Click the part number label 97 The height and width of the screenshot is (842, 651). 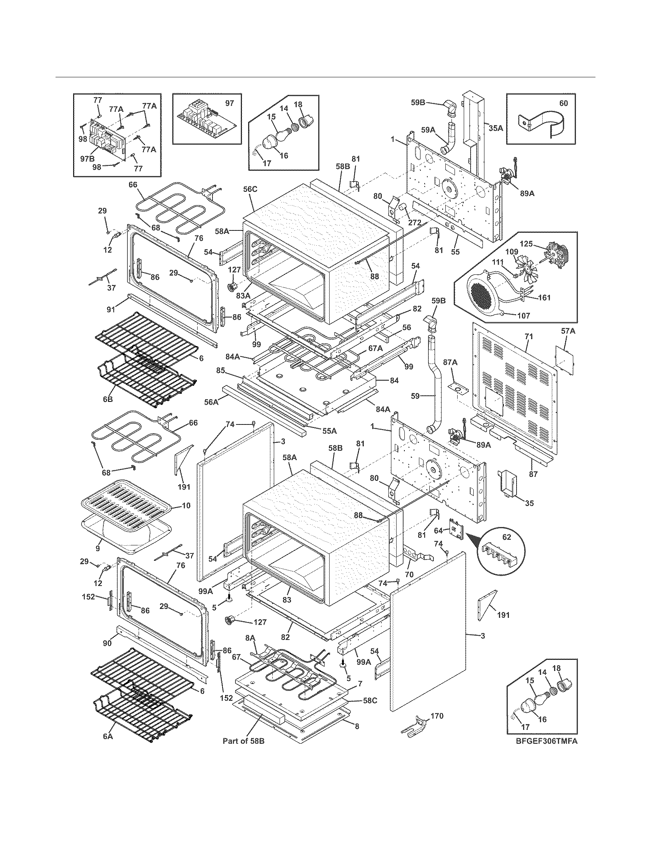[x=229, y=103]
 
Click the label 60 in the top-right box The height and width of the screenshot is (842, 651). [x=563, y=103]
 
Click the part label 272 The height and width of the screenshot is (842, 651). [x=415, y=222]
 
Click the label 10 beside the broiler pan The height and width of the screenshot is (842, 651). [x=186, y=505]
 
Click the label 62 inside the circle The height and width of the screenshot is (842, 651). [x=506, y=537]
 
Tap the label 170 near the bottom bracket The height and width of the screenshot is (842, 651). [x=437, y=716]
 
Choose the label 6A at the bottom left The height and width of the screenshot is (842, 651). [x=108, y=747]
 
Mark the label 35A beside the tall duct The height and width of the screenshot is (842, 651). [x=496, y=128]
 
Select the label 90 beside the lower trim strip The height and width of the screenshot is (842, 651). [x=107, y=643]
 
